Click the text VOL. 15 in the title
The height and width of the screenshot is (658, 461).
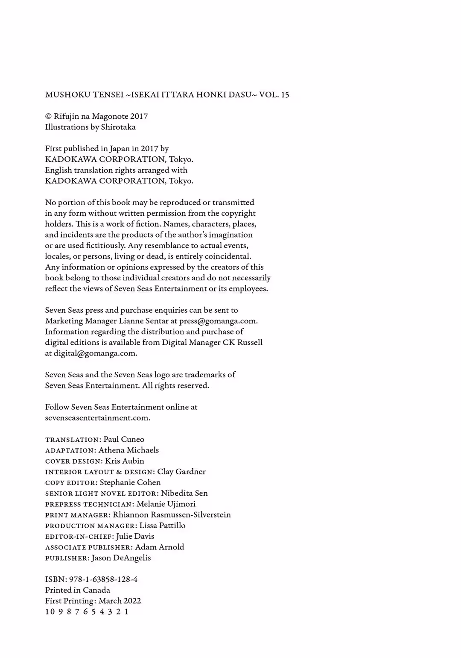coord(274,95)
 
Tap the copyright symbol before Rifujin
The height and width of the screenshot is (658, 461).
coord(48,117)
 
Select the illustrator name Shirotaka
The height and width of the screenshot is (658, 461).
coord(118,127)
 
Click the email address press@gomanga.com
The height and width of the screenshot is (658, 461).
coord(218,321)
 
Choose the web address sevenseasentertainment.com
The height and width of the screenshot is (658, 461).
coord(97,418)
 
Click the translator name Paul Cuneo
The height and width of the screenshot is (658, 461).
coord(124,439)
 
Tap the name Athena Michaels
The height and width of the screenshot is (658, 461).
coord(128,450)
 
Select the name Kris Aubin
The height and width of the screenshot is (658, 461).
coord(124,461)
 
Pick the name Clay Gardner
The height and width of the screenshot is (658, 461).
coord(181,472)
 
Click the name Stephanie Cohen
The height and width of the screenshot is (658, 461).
coord(130,482)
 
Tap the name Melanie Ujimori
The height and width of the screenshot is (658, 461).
coord(166,504)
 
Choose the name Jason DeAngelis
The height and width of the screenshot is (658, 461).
coord(121,558)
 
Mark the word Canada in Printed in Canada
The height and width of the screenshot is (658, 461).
coord(97,590)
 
